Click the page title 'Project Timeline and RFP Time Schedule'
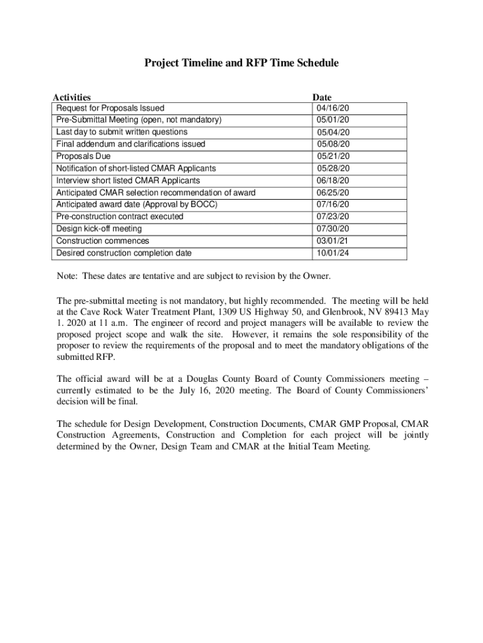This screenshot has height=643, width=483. click(242, 63)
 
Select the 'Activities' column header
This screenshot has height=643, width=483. click(72, 97)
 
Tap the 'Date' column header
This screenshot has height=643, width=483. click(322, 97)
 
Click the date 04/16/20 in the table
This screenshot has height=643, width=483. click(332, 108)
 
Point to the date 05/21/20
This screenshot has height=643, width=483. click(333, 156)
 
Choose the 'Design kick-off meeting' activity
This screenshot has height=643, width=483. click(99, 229)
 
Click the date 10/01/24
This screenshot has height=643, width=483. click(332, 253)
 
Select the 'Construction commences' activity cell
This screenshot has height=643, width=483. click(103, 241)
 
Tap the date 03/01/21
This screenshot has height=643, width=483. click(332, 241)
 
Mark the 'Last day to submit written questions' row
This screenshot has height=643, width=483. click(122, 132)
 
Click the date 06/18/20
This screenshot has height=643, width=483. click(332, 181)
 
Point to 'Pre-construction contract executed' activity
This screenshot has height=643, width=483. click(120, 217)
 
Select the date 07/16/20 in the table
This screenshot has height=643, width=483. click(332, 205)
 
